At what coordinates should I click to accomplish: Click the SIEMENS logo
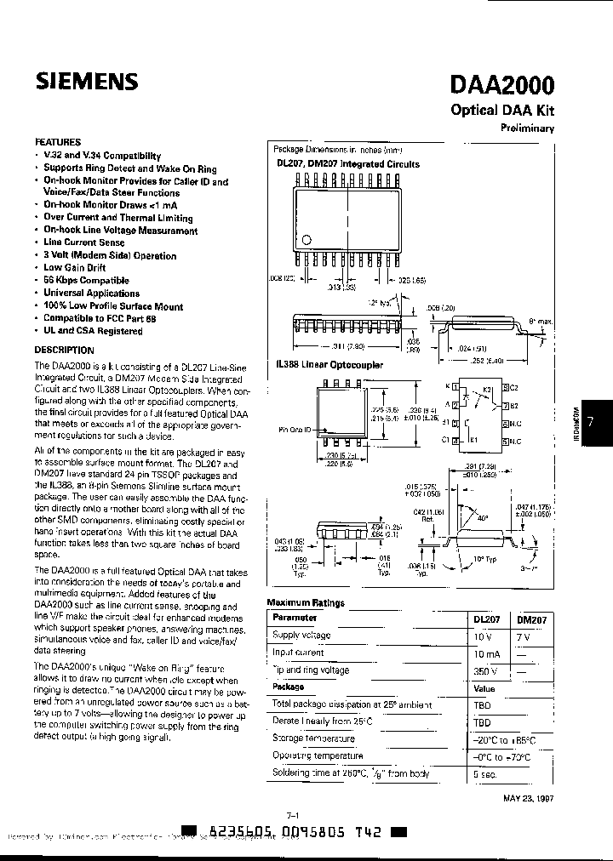pos(86,81)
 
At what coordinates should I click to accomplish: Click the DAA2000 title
pos(501,85)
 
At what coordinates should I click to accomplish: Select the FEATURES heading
pos(58,142)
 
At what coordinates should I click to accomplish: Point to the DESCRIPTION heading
pos(65,350)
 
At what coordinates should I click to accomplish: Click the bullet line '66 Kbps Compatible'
pos(86,280)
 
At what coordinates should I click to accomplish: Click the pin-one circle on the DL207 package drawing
pos(308,238)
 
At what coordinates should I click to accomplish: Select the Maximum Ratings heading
pos(306,602)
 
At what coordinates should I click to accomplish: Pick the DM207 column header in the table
pos(532,619)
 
